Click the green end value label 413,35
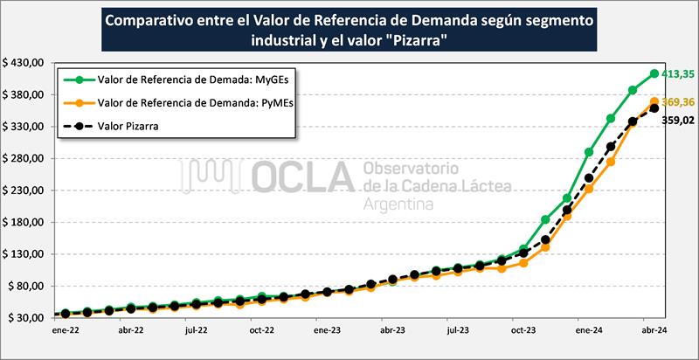[x=677, y=74]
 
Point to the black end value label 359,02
[x=677, y=121]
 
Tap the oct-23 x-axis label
[x=523, y=332]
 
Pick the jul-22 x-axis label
[x=196, y=332]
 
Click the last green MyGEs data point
[x=654, y=73]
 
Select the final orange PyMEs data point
[x=654, y=102]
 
